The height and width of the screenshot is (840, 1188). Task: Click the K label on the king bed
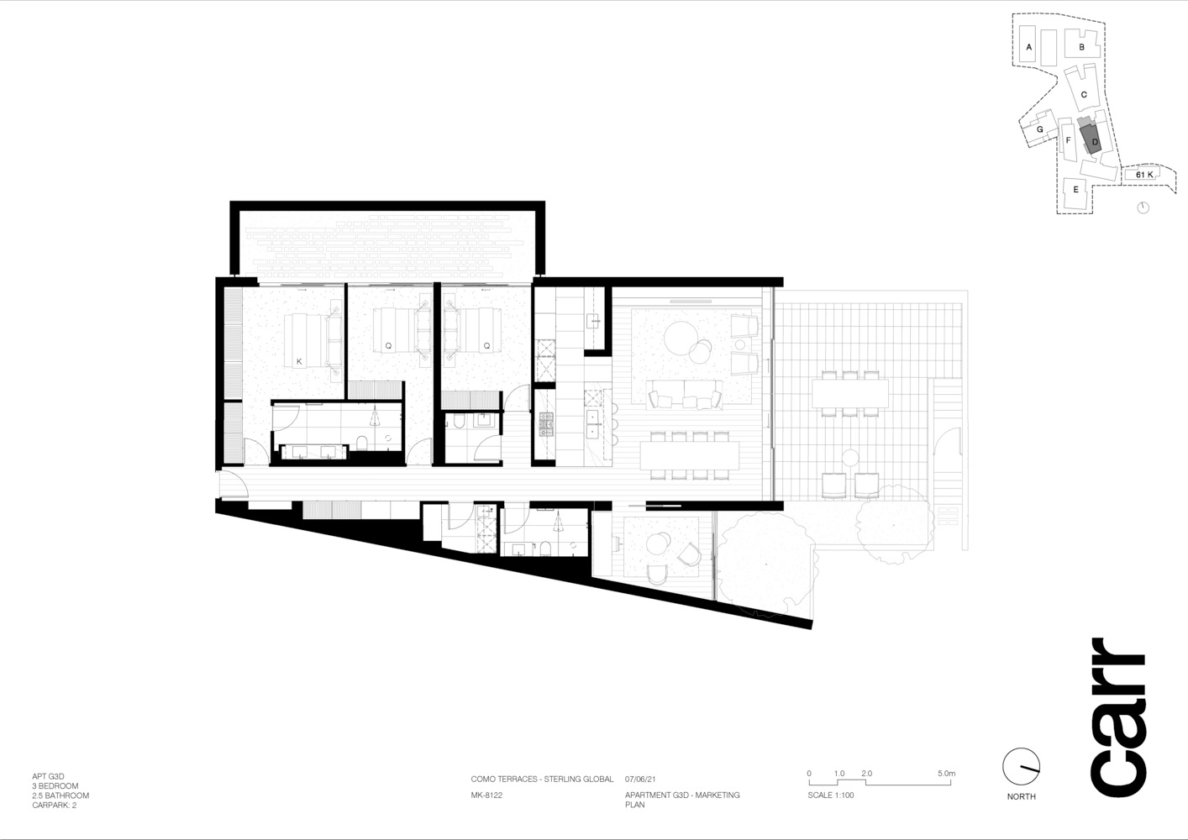coord(299,362)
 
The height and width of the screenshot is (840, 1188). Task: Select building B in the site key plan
coord(1082,47)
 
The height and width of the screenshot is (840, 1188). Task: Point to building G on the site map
coord(1038,130)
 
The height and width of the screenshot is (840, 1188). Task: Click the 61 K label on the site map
coord(1144,175)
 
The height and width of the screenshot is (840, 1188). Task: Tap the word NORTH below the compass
coord(1021,796)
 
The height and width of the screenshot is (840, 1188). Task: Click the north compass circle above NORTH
coord(1021,767)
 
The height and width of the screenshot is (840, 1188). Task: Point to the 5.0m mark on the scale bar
coord(946,773)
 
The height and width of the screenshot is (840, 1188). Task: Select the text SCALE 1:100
coord(831,795)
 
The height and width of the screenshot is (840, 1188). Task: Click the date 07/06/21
coord(640,779)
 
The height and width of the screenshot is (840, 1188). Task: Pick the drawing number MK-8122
coord(486,795)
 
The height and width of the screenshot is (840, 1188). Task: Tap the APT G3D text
coord(48,776)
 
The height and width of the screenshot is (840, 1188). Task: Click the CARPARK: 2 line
coord(54,805)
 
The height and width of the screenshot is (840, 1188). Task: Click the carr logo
coord(1117,717)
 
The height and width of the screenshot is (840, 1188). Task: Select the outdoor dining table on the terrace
coord(849,393)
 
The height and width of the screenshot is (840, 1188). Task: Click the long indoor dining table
coord(690,455)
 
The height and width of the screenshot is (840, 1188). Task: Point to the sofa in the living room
coord(684,394)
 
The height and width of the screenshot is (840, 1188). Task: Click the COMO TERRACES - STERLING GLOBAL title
coord(542,779)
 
